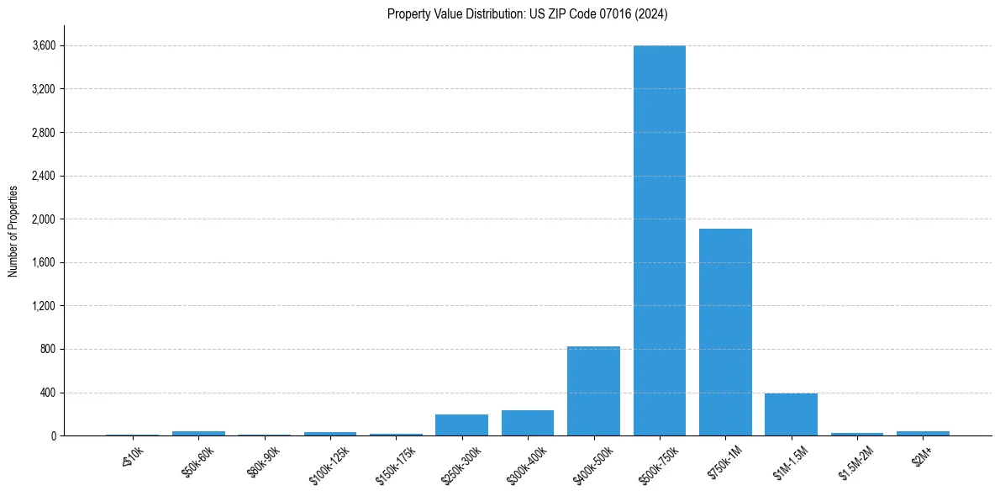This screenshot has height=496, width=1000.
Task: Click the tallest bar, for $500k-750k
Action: pos(659,240)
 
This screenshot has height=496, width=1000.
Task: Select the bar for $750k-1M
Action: pos(725,332)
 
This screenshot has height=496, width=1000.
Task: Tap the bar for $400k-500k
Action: pos(593,391)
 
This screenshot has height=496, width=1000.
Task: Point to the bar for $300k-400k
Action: pos(528,423)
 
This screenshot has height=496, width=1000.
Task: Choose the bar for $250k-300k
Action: pos(461,425)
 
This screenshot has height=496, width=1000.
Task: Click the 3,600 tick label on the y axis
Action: pos(44,45)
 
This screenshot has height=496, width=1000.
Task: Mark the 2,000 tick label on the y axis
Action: pos(44,219)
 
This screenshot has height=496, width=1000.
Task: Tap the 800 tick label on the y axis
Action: pos(48,350)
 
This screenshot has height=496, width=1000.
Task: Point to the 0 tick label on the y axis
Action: pos(53,436)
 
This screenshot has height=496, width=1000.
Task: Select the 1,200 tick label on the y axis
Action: pos(44,306)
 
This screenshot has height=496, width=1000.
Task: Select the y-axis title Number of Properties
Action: pos(13,231)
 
